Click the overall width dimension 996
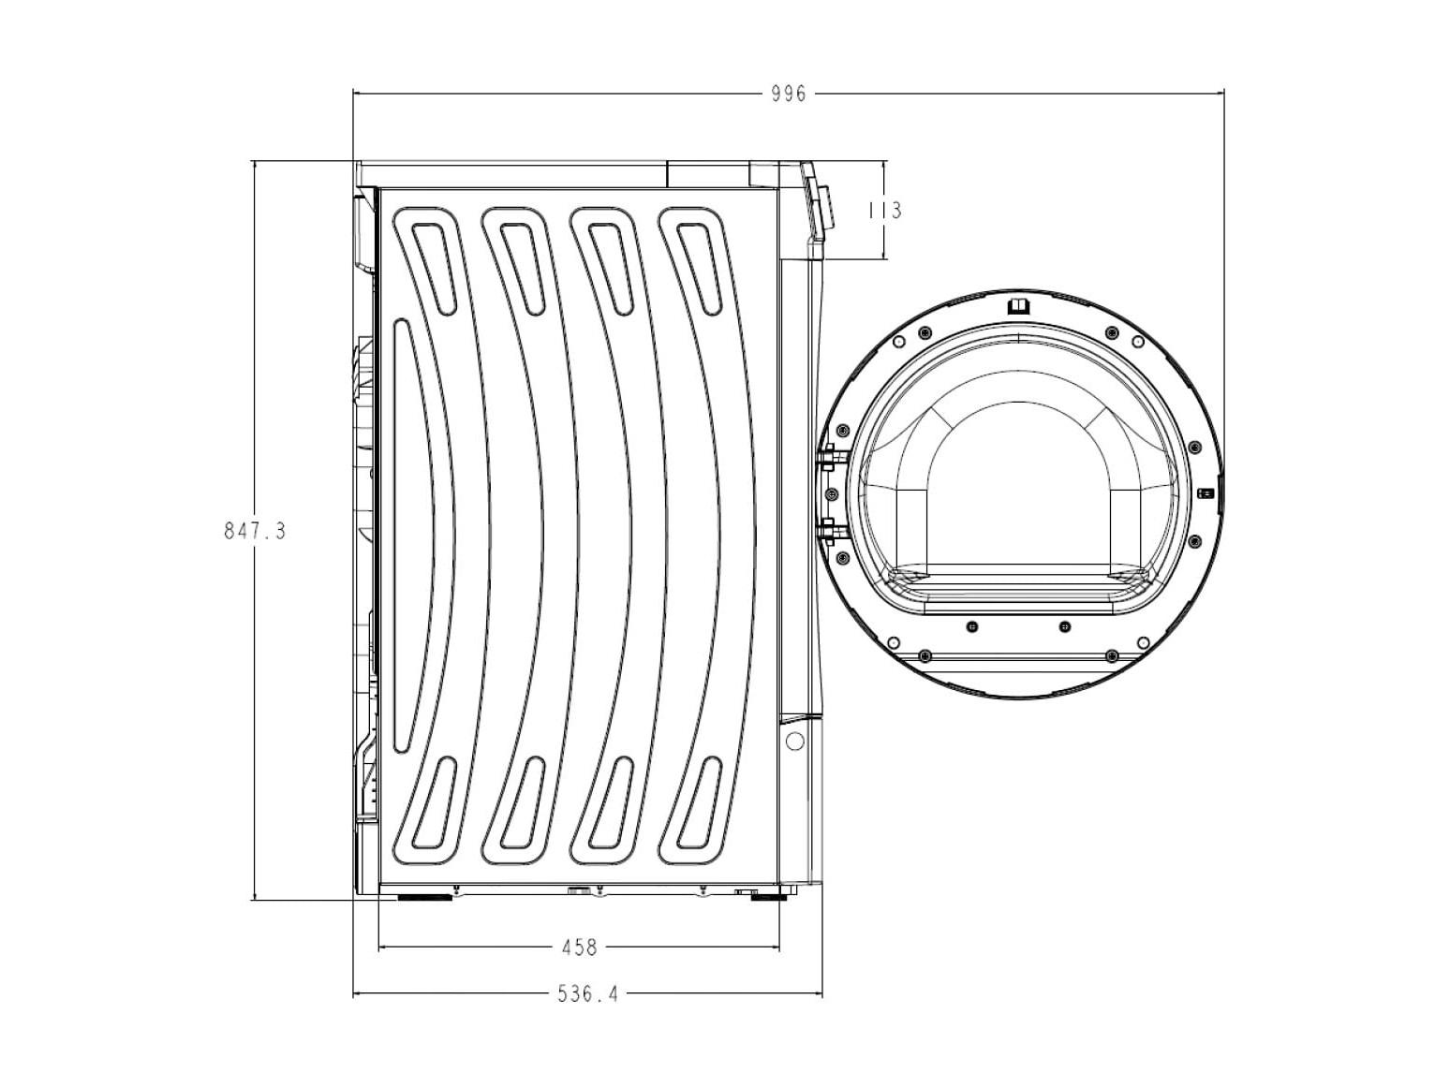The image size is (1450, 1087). pyautogui.click(x=789, y=95)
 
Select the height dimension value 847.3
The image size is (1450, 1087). pyautogui.click(x=255, y=531)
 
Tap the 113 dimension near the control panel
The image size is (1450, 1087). pyautogui.click(x=884, y=211)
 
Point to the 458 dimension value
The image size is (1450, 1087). pyautogui.click(x=579, y=947)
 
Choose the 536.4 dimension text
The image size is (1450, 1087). pyautogui.click(x=588, y=994)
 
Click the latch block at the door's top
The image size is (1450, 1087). pyautogui.click(x=1018, y=305)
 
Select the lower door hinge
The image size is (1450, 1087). pyautogui.click(x=828, y=530)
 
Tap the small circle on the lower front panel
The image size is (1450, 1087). pyautogui.click(x=795, y=742)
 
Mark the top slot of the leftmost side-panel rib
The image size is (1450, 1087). pyautogui.click(x=434, y=267)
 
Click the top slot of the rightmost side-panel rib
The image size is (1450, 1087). pyautogui.click(x=699, y=268)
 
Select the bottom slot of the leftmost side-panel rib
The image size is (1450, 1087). pyautogui.click(x=434, y=802)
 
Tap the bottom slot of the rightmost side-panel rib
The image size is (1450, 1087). pyautogui.click(x=699, y=802)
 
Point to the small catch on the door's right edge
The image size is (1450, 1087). pyautogui.click(x=1206, y=493)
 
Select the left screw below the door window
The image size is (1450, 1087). pyautogui.click(x=971, y=625)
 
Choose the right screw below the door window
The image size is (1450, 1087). pyautogui.click(x=1065, y=625)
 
